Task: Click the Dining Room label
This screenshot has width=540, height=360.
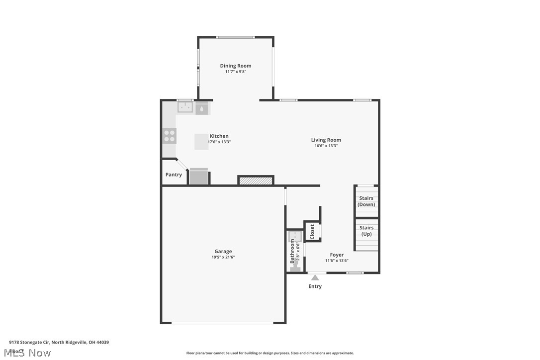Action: tap(236, 66)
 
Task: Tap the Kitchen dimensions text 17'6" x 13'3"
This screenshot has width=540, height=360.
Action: tap(219, 142)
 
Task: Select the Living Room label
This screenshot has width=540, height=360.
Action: tap(326, 140)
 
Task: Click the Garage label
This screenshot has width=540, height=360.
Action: tap(223, 251)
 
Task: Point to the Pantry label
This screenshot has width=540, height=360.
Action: tap(174, 175)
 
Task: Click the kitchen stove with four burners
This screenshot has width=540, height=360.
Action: tap(169, 136)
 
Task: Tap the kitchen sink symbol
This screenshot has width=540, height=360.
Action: tap(186, 107)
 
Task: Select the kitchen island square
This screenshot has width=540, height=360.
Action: tap(201, 141)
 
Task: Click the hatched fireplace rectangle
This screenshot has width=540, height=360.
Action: tap(256, 180)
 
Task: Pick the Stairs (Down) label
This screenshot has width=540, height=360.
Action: tap(366, 201)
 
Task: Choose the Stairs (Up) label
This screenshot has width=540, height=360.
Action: tap(366, 231)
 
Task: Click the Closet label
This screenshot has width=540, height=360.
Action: tap(312, 232)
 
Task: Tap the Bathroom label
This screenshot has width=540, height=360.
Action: tap(292, 251)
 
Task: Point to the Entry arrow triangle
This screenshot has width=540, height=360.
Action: tap(315, 277)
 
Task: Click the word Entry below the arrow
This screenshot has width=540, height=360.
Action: tap(315, 286)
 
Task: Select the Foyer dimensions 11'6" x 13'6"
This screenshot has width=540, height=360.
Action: tap(337, 261)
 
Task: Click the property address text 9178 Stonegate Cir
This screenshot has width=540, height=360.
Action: tap(59, 342)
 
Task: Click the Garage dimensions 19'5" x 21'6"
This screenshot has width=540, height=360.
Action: tap(223, 257)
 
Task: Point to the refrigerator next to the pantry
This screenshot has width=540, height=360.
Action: tap(199, 177)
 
